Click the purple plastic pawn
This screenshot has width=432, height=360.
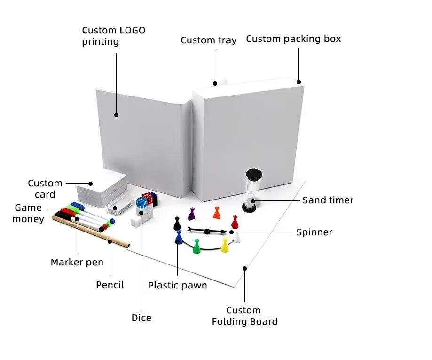click(191, 214)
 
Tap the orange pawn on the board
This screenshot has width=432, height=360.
click(216, 213)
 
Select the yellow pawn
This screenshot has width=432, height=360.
click(225, 245)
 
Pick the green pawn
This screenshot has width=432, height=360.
click(196, 246)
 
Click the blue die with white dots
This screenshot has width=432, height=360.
click(141, 203)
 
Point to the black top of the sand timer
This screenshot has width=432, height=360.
click(254, 174)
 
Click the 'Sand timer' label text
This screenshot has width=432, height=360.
click(328, 200)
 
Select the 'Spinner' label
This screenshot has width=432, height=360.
click(314, 232)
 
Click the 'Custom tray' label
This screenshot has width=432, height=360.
click(208, 40)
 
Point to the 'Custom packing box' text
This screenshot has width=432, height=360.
click(293, 39)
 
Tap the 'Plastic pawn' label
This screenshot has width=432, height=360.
click(177, 285)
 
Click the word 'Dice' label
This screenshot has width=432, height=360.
click(141, 318)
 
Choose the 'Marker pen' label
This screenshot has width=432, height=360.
click(77, 262)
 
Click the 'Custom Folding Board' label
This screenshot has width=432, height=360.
click(244, 316)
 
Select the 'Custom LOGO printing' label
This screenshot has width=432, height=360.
click(113, 36)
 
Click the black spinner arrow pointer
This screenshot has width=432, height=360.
click(207, 231)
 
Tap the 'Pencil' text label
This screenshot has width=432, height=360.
click(110, 285)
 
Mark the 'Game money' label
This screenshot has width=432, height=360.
click(28, 213)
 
